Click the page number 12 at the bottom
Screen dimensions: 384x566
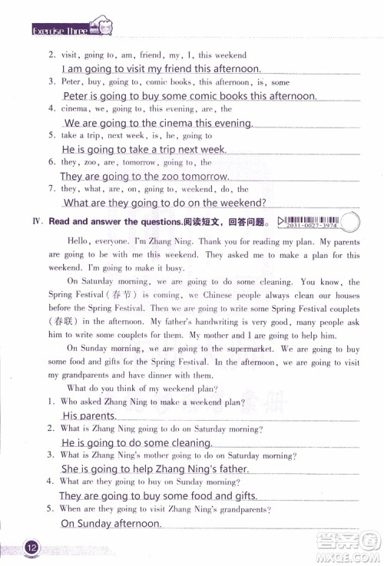[x=31, y=548]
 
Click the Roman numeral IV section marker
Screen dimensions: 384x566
[x=36, y=221]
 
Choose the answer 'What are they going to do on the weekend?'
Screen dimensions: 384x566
[x=164, y=203]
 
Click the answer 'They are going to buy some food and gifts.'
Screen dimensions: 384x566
[x=157, y=495]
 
